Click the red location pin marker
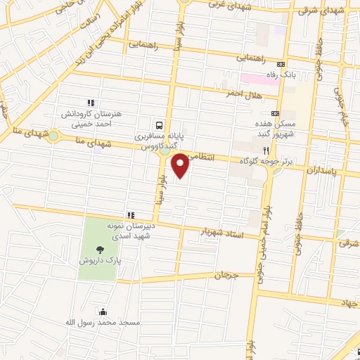[181, 165]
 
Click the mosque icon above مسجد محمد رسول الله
[104, 311]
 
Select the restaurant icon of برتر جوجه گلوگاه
[266, 151]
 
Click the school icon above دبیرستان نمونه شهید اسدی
[130, 214]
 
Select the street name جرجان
[229, 276]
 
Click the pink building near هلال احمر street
[259, 79]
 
